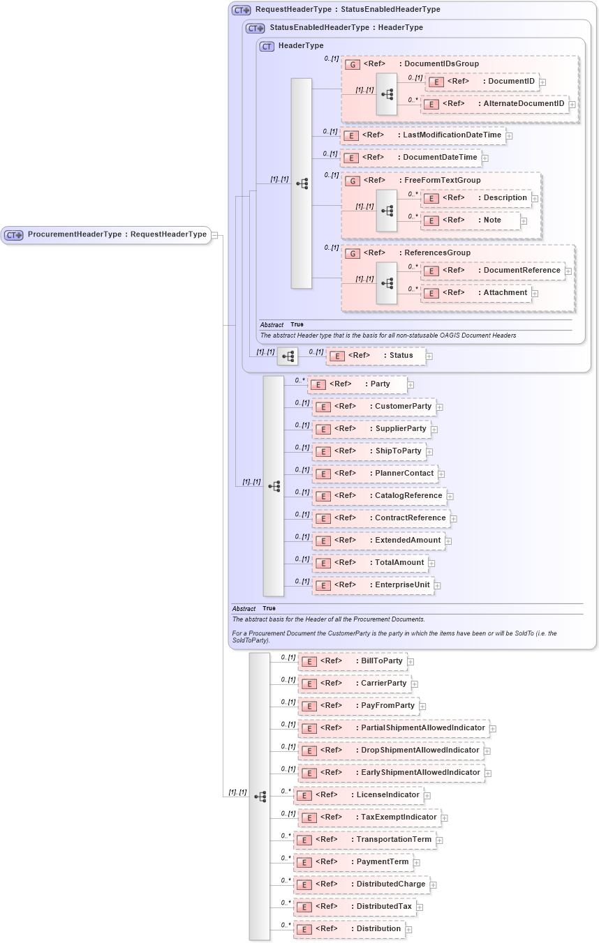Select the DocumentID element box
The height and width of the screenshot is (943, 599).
[482, 82]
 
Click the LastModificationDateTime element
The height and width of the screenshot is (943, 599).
[422, 135]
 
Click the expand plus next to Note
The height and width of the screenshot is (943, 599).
[524, 221]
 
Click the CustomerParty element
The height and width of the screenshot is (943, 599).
[374, 407]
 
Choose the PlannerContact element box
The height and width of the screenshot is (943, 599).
[375, 474]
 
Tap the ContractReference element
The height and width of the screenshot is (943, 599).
[380, 518]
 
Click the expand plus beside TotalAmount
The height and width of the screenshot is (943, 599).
[431, 564]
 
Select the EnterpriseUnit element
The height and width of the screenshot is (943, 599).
[373, 585]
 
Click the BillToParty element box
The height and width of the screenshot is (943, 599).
[352, 661]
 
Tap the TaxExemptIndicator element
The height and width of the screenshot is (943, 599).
[369, 817]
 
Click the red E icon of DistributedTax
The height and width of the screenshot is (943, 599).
[304, 907]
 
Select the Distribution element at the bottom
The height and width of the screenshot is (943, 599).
[348, 929]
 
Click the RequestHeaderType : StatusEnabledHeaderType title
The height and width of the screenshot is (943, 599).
[347, 10]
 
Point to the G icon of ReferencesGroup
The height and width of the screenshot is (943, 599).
[353, 253]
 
